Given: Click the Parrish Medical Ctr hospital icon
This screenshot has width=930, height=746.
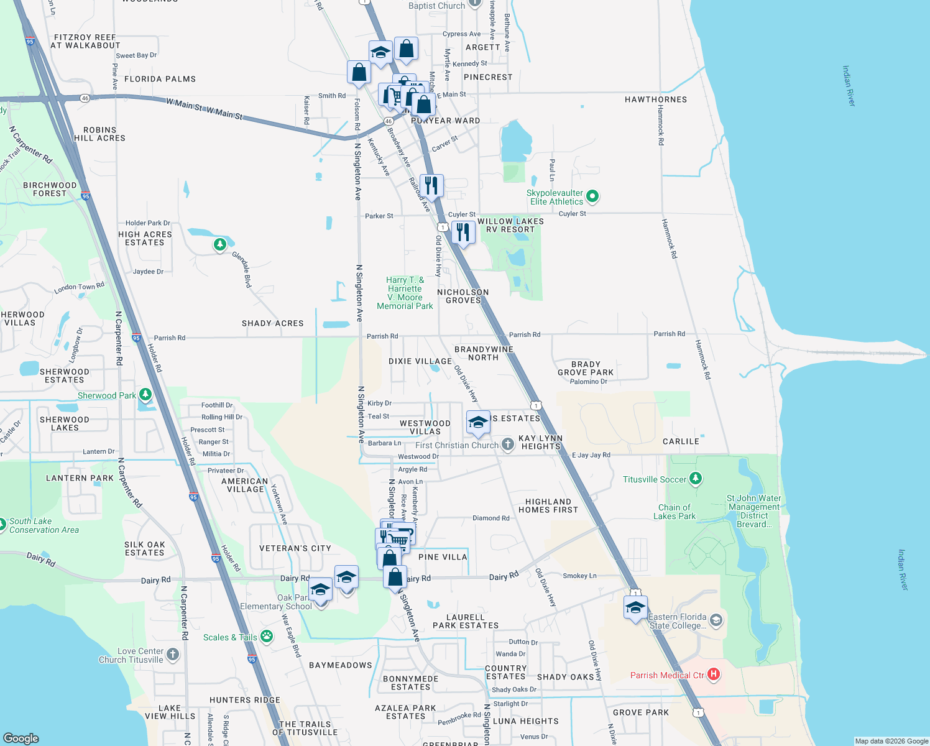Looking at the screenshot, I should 714,675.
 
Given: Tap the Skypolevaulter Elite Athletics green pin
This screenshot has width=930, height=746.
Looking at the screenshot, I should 592,196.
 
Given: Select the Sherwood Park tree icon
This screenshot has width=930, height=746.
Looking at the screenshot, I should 145,395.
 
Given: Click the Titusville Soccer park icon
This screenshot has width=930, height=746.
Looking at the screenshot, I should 696,479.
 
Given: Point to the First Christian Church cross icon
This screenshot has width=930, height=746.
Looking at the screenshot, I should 508,444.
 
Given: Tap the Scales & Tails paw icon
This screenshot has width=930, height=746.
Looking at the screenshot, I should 267,636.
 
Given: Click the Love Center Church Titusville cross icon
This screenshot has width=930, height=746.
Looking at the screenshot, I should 173,654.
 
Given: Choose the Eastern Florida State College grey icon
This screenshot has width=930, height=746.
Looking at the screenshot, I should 716,620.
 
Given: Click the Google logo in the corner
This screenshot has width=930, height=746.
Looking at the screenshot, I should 21,738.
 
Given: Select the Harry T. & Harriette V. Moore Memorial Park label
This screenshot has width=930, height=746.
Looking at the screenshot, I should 405,293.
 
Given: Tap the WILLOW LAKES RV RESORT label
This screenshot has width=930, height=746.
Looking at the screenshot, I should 510,225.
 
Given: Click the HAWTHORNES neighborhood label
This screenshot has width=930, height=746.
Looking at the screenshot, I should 656,99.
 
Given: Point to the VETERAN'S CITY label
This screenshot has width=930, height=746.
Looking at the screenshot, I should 295,548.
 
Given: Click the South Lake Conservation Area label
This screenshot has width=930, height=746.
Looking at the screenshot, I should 44,525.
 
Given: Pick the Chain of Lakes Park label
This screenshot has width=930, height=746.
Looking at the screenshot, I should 674,512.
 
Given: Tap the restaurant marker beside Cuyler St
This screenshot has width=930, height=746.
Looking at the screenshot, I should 463,233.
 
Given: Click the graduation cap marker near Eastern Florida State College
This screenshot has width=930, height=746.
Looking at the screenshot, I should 635,608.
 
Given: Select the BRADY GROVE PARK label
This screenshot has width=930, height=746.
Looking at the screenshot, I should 586,368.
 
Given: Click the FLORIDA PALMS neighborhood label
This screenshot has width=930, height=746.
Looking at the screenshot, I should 160,79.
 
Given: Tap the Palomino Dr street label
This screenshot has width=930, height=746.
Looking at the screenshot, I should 588,381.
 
